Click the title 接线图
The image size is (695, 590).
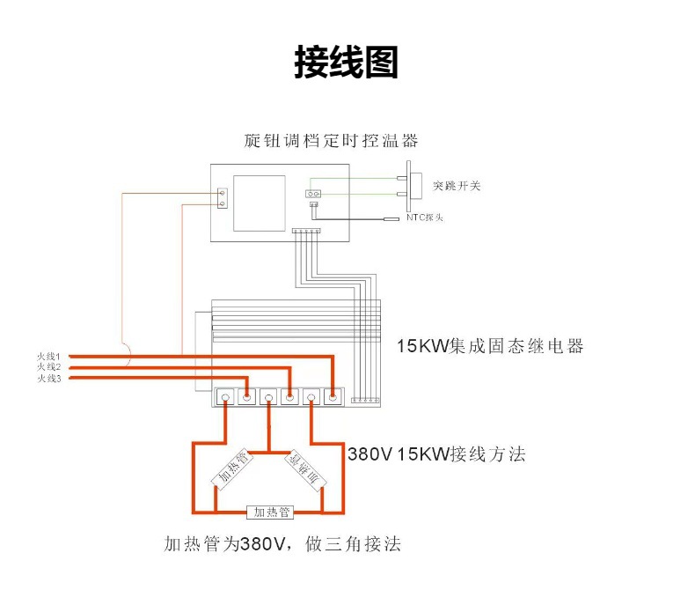pos(347,63)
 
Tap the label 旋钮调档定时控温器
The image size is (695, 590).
pos(331,141)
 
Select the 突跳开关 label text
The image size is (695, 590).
pos(457,186)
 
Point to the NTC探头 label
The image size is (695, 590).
pos(424,218)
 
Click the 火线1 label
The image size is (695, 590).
pos(48,356)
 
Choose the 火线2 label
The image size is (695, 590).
pos(48,366)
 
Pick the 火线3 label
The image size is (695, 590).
pos(48,378)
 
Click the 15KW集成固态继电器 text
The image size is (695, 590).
pos(490,346)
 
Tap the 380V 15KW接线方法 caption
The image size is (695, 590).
pos(436,454)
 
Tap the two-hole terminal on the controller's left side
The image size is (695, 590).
pos(223,198)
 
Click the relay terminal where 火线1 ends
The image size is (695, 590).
pos(333,398)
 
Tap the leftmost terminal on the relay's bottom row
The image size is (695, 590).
pos(225,398)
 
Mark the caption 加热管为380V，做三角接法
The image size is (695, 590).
pos(283,543)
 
